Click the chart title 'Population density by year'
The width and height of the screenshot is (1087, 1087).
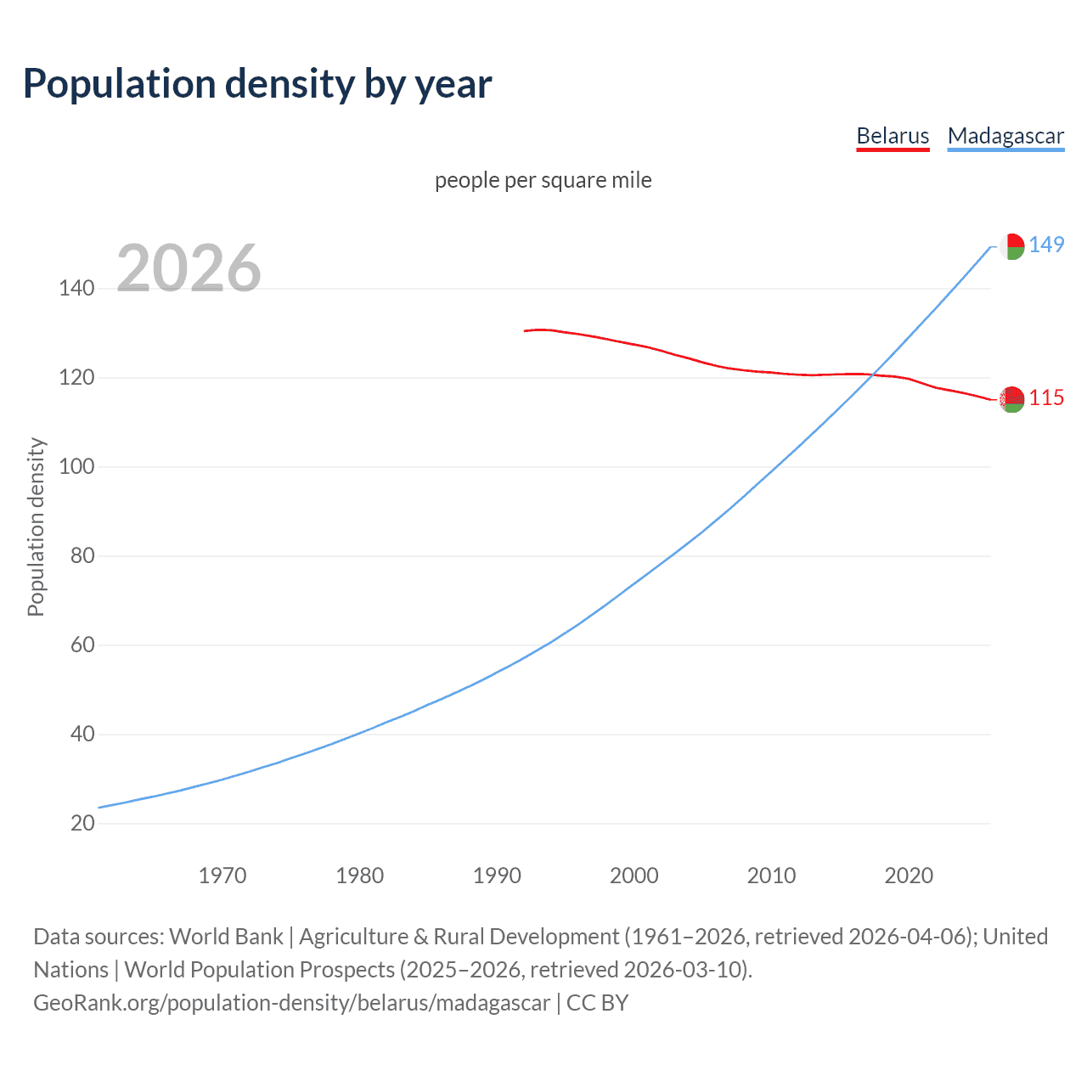[257, 84]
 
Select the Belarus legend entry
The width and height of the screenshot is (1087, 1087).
[893, 136]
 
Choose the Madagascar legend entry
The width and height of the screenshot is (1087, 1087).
[1005, 136]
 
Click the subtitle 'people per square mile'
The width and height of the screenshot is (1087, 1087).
[543, 180]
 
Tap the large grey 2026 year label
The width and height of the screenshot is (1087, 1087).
[189, 268]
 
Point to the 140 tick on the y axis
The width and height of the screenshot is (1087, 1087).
[76, 289]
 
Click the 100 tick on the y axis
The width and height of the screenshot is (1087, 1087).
[76, 467]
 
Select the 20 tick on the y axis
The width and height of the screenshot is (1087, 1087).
[82, 823]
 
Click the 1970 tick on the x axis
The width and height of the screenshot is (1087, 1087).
[222, 876]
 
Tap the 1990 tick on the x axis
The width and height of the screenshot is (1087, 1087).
[497, 876]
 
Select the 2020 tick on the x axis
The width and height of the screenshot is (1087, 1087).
[909, 876]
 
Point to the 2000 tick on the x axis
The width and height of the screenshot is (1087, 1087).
[634, 876]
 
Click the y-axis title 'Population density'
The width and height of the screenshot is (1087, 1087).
[36, 527]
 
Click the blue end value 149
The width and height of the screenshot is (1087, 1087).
[1046, 245]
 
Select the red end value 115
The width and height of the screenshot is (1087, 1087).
[1046, 398]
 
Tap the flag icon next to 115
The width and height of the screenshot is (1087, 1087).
[1011, 399]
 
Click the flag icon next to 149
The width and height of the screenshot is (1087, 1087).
[1011, 246]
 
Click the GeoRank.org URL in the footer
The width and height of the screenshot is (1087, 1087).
[291, 1003]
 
